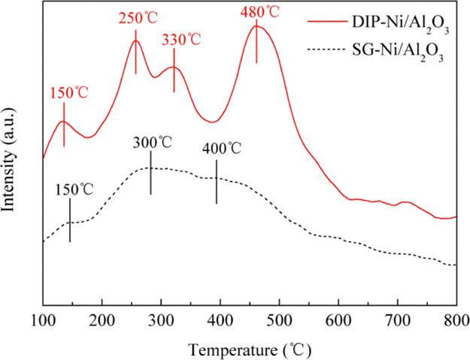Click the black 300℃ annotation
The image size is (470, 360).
point(151,142)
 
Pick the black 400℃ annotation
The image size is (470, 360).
point(221,148)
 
